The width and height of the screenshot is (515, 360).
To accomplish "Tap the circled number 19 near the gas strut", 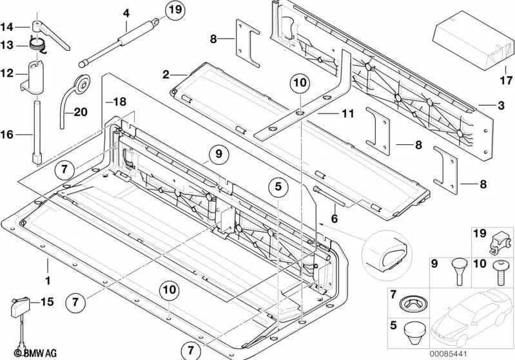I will point(173,10).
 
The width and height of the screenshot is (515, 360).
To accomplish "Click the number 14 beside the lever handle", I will point(6,26).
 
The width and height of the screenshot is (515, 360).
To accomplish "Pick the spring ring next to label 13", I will point(36,45).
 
